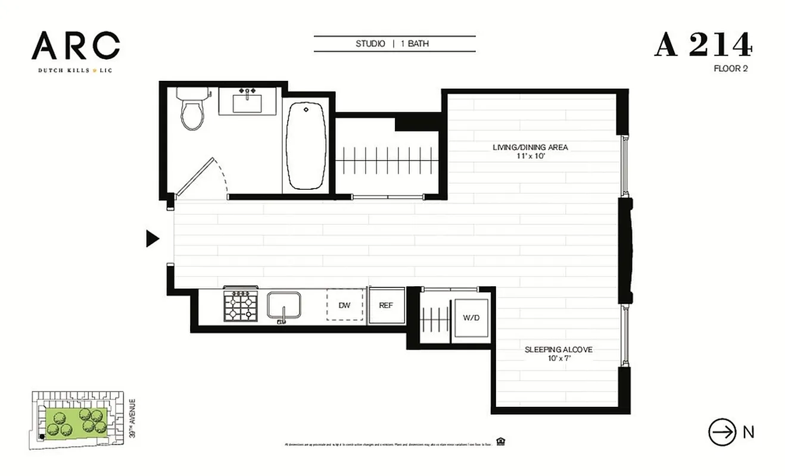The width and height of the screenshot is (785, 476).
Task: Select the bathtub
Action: tap(306, 145)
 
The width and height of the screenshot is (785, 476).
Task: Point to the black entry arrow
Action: tap(153, 239)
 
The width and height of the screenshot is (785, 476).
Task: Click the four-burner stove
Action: tap(240, 305)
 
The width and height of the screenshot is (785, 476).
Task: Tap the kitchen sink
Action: tap(284, 306)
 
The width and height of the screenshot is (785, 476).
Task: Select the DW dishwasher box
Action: tap(344, 305)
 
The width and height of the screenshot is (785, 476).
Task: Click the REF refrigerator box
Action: tap(386, 305)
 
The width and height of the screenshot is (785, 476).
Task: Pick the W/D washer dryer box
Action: tap(471, 318)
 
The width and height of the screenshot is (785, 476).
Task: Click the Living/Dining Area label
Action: tap(530, 147)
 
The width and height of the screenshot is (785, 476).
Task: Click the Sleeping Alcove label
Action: tap(558, 349)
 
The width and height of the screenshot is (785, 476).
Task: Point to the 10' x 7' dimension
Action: tap(558, 358)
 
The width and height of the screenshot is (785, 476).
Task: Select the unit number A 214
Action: tap(703, 45)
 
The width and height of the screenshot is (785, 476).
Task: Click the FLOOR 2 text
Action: tap(730, 68)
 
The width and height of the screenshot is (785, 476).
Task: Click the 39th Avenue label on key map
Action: tap(132, 419)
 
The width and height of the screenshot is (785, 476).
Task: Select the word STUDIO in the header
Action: tap(370, 44)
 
